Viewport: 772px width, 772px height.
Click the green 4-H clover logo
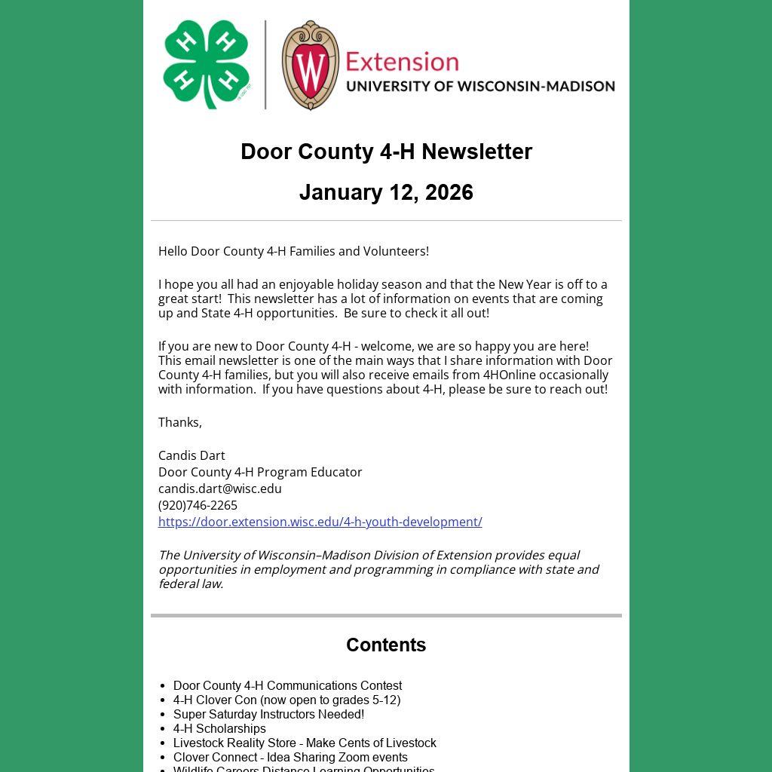(x=206, y=64)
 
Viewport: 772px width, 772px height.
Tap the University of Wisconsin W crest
(x=310, y=66)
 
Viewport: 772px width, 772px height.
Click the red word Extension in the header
(x=402, y=61)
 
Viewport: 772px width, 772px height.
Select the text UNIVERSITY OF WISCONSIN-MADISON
(x=480, y=86)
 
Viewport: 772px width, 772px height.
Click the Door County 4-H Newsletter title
(x=386, y=152)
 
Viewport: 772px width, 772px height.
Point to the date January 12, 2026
(x=386, y=192)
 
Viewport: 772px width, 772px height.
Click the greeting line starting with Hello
(x=293, y=251)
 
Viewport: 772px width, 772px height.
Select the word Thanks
(x=179, y=422)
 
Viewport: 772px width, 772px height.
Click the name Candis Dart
(x=191, y=455)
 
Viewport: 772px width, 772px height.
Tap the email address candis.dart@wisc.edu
(x=220, y=489)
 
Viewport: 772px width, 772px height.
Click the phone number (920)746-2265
(x=198, y=505)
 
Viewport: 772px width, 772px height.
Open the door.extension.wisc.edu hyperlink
(x=320, y=522)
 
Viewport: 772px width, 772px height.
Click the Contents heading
(x=386, y=645)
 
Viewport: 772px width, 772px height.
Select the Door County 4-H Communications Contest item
(x=287, y=685)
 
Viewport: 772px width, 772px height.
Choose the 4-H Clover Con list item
(x=286, y=700)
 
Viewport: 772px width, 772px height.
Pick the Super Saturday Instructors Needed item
(x=268, y=714)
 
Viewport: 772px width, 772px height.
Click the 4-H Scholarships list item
(x=219, y=728)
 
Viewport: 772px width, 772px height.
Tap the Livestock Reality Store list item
(x=305, y=743)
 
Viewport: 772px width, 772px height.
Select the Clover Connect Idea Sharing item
(x=290, y=757)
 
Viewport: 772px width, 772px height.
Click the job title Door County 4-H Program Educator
(x=260, y=472)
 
